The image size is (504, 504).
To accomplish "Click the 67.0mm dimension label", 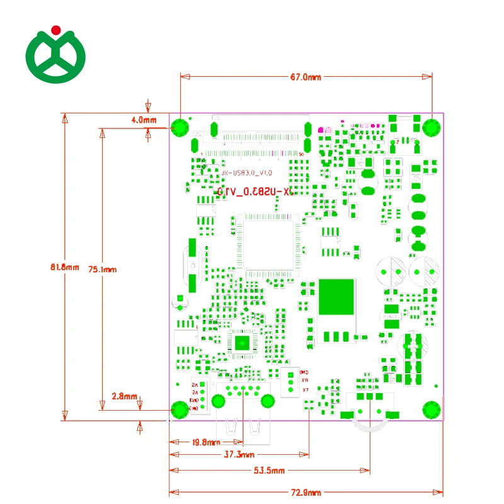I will point(306,77).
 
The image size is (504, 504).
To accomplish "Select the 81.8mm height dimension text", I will point(64,267).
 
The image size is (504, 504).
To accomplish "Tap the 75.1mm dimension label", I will point(103,269).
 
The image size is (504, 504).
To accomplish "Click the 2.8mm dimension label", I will point(124,396).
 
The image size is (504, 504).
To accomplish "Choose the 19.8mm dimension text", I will point(205,442).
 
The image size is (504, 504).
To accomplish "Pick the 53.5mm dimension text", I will point(269,470).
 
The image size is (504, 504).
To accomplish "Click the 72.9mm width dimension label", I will point(306,492).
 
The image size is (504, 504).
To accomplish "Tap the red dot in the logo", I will point(55,29).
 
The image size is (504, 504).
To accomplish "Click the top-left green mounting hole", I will point(181,128).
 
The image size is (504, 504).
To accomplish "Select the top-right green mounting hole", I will point(432,127).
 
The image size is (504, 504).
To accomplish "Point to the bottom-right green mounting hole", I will point(431,409).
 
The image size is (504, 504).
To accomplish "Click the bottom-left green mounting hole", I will point(181,411).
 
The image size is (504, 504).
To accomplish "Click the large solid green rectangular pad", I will point(336,296).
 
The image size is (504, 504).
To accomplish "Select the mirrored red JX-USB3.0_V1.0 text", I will point(255,192).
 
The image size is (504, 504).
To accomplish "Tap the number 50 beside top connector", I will point(302,154).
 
